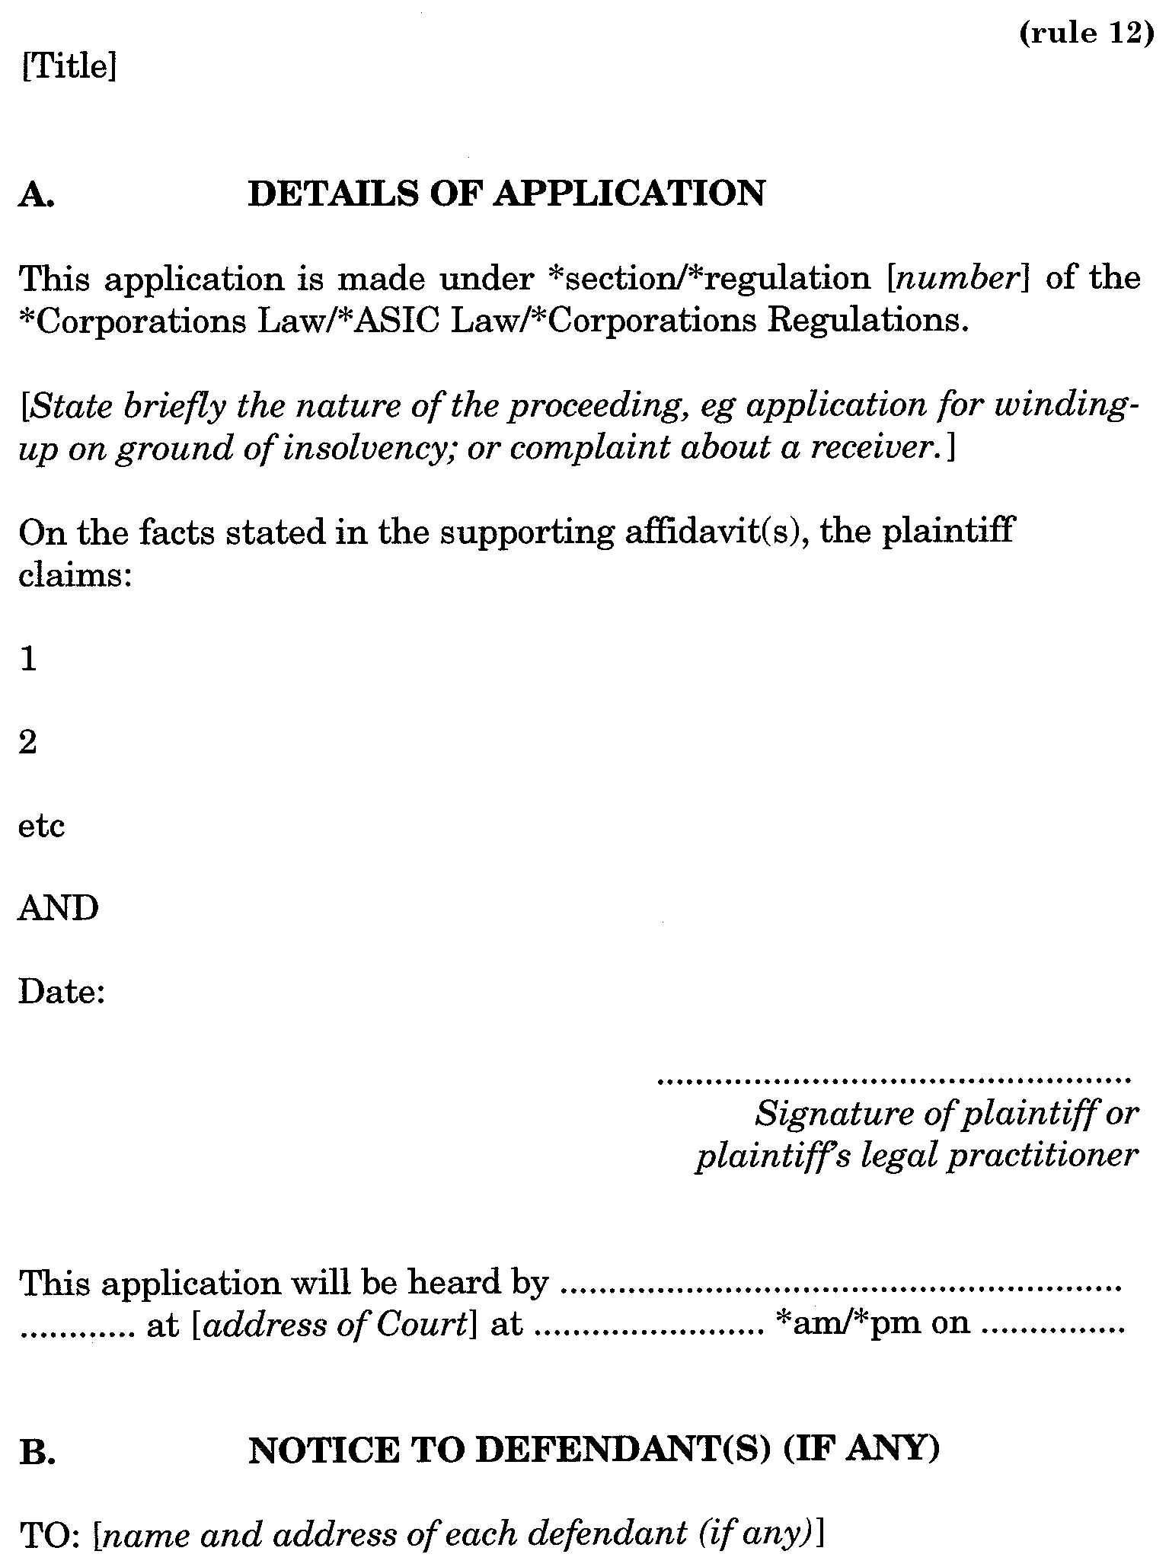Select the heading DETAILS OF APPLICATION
point(506,193)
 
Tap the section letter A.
point(35,195)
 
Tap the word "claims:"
point(75,574)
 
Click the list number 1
point(28,659)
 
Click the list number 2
point(28,742)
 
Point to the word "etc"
point(41,826)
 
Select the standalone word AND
point(59,909)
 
